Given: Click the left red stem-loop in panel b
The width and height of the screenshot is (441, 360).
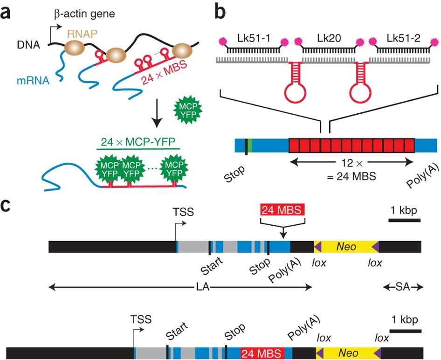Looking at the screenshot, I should pos(292,84).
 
